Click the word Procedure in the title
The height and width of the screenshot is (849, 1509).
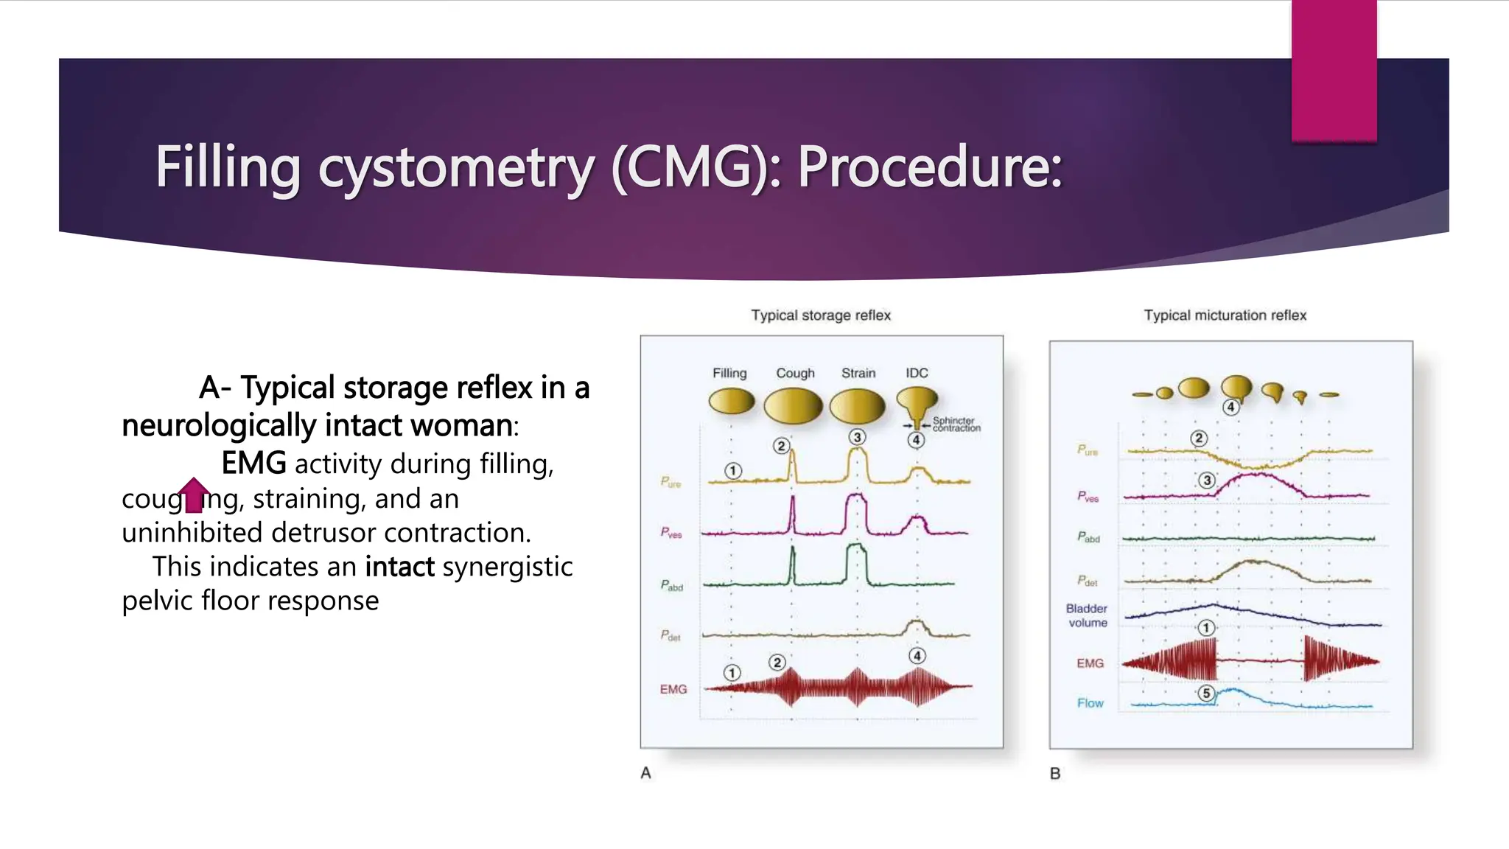coord(928,167)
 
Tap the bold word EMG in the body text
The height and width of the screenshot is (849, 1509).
coord(253,464)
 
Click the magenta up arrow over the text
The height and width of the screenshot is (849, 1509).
coord(194,494)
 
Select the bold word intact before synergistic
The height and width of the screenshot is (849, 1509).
coord(399,567)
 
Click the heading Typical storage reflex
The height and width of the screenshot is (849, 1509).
coord(821,315)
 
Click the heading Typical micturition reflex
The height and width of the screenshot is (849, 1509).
coord(1225,315)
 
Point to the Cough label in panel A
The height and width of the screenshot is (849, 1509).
coord(795,373)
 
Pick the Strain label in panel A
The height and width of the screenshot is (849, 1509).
coord(858,373)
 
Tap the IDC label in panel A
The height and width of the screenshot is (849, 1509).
coord(917,373)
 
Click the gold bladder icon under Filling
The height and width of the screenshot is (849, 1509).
coord(731,402)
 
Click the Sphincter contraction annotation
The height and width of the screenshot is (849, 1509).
coord(956,424)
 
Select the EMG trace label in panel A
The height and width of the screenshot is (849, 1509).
coord(673,689)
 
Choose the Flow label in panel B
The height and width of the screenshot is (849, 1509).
coord(1090,703)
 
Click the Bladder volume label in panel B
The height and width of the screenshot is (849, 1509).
coord(1087,615)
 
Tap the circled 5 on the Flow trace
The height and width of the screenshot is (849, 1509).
coord(1205,693)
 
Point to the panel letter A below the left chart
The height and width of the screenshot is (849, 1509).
coord(645,773)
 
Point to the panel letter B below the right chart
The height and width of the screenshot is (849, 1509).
coord(1055,774)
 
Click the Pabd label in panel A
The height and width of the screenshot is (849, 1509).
coord(671,586)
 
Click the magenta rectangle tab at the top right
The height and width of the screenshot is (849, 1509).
coord(1334,70)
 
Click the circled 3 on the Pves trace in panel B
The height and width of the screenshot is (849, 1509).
coord(1206,481)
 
